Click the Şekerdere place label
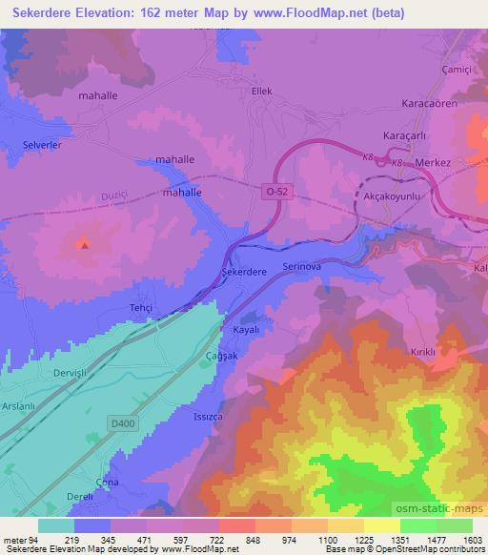(x=244, y=271)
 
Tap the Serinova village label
(x=305, y=268)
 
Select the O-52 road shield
(x=274, y=192)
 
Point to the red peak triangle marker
(x=84, y=244)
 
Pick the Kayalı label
(x=248, y=329)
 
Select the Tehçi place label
(x=140, y=308)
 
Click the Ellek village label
(x=261, y=92)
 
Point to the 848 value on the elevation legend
(x=226, y=541)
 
